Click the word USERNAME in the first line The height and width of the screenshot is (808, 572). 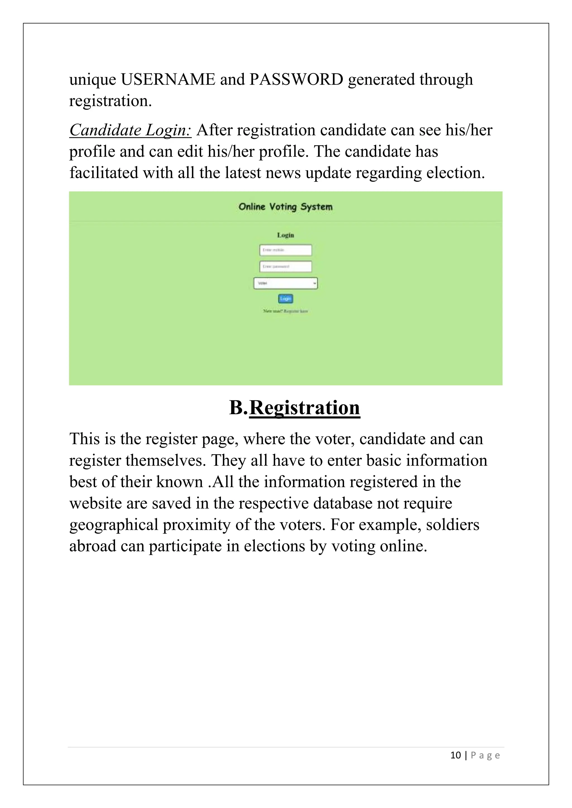168,80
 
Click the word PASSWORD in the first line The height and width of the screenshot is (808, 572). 296,80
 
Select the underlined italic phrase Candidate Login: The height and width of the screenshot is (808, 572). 130,130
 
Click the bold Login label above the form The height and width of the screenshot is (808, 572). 285,235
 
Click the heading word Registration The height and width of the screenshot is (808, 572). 304,408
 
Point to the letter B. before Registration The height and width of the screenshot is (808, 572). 239,408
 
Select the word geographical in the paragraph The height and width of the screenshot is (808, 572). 113,525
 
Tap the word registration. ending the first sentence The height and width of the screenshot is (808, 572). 110,101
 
